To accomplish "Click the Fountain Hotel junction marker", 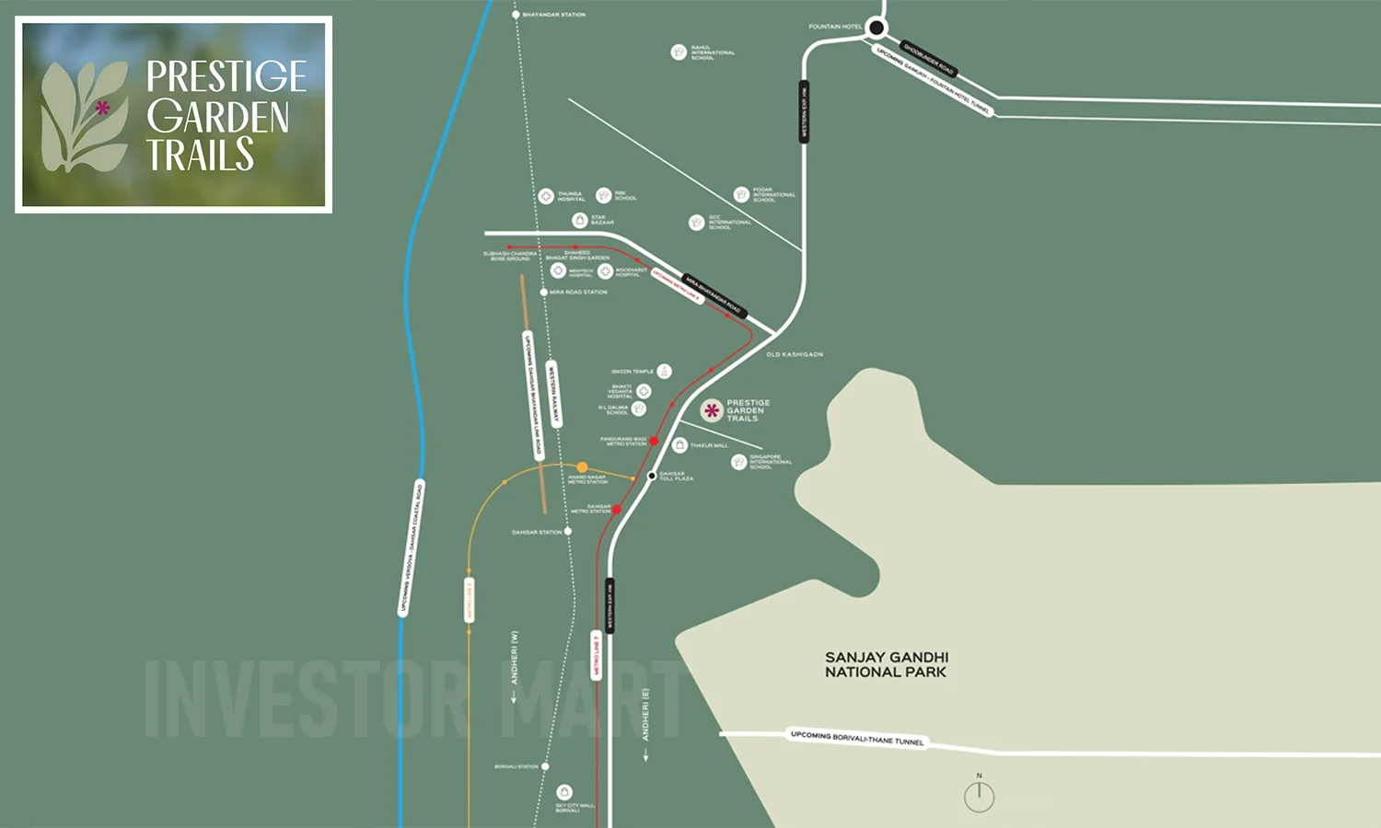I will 876,28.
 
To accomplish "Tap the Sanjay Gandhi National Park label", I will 886,664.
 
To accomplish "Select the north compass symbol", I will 979,796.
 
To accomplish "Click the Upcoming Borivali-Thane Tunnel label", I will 856,738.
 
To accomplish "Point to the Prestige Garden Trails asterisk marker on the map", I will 712,410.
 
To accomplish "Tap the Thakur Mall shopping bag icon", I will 679,445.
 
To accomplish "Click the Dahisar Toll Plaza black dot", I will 652,476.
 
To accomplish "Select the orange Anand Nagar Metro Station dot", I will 582,467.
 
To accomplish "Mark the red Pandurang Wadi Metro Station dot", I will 654,442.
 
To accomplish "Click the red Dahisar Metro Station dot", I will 617,509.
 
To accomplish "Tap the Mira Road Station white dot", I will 544,293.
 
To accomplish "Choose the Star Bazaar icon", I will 580,220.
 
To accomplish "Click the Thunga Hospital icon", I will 546,196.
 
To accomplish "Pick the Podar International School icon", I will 741,194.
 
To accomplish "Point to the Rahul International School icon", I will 679,52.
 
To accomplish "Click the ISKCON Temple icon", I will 664,372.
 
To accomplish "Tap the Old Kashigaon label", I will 795,354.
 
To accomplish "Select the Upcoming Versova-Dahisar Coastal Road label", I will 411,548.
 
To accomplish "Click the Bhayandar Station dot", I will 516,15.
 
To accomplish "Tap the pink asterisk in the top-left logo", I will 102,108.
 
